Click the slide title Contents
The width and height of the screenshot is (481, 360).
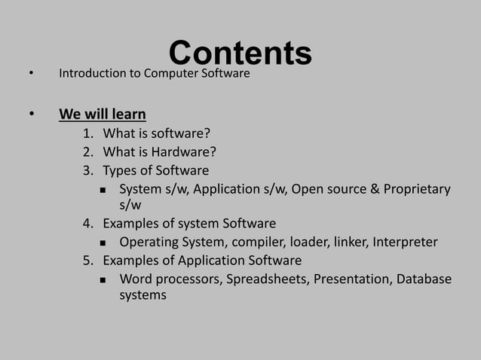[240, 53]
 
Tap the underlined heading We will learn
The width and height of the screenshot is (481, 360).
[103, 115]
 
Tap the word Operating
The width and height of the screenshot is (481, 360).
[147, 243]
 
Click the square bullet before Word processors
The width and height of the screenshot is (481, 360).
[103, 280]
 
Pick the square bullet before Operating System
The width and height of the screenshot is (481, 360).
[103, 243]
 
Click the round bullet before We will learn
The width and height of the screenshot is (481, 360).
[31, 115]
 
